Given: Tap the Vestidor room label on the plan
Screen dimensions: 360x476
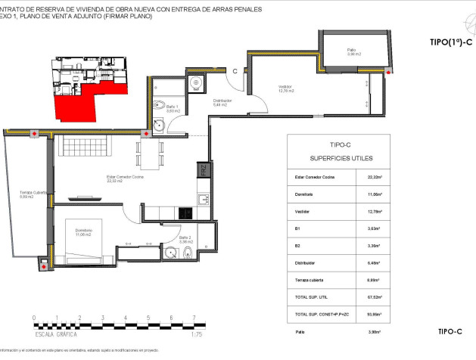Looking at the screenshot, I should (x=285, y=89).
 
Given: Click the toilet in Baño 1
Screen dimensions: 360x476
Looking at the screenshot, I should (x=160, y=106).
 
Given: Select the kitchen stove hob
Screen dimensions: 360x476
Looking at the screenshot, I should (x=202, y=200).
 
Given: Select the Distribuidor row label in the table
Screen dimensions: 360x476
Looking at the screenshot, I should (x=306, y=263).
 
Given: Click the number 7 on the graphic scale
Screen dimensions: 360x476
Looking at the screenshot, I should (x=194, y=318).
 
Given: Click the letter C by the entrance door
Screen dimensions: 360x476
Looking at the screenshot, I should (x=235, y=72).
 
